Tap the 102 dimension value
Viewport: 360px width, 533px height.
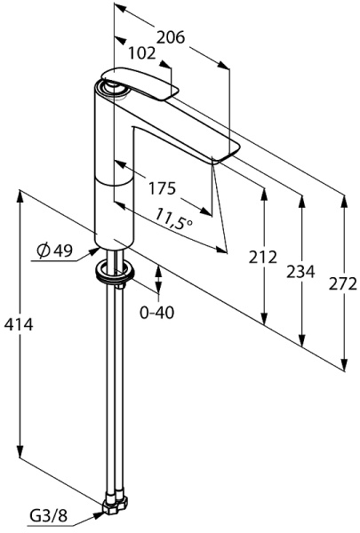click(x=142, y=54)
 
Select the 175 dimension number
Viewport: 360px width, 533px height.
click(x=162, y=189)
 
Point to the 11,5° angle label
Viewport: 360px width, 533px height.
click(x=174, y=219)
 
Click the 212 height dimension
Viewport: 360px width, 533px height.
click(x=264, y=259)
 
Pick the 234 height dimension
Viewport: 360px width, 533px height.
click(x=302, y=272)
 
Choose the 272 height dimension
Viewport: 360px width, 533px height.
click(x=342, y=284)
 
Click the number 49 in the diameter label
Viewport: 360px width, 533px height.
click(x=62, y=251)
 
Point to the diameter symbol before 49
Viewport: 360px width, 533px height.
click(x=44, y=251)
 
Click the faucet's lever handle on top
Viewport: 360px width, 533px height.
click(x=142, y=84)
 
